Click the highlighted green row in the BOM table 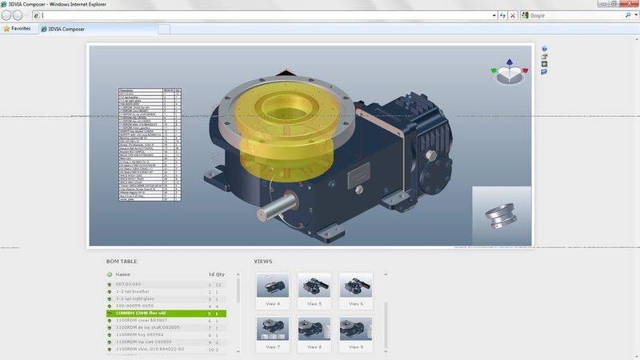[x=166, y=313]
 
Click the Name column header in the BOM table [x=122, y=274]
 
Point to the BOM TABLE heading [x=122, y=261]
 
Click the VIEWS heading [x=264, y=261]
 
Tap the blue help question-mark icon [x=544, y=49]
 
